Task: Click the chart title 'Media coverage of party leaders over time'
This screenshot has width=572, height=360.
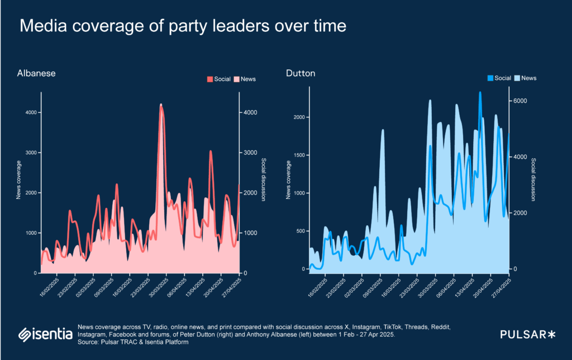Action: click(183, 26)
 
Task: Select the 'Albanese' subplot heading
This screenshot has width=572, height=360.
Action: click(36, 73)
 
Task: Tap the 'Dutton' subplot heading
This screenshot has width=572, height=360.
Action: click(301, 73)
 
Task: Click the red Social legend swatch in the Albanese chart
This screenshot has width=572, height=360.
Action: click(210, 79)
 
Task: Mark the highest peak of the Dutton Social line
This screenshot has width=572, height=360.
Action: click(480, 93)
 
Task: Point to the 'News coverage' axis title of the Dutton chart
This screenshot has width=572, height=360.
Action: click(289, 179)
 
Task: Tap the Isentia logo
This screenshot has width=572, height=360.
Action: click(45, 334)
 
